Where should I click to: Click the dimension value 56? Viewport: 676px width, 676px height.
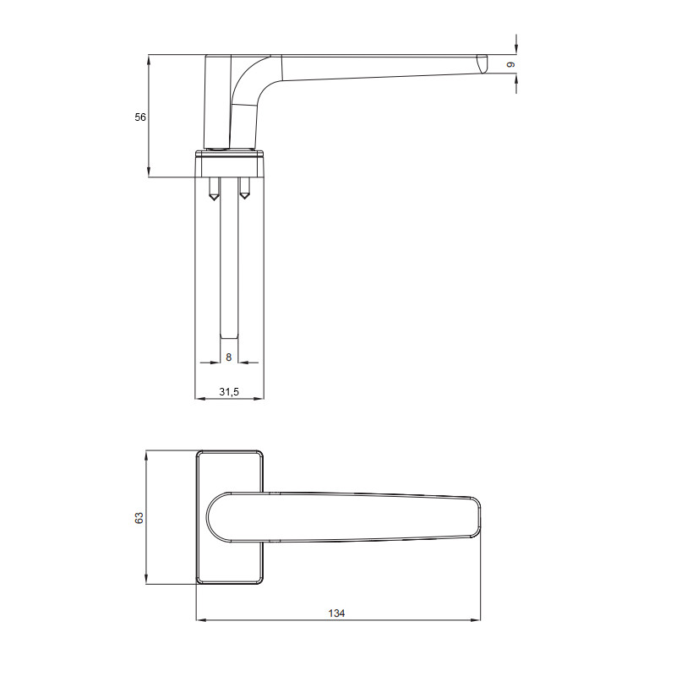[x=140, y=117]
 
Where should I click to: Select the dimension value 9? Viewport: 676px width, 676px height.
[x=511, y=65]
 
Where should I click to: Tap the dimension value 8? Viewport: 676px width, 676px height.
[x=229, y=357]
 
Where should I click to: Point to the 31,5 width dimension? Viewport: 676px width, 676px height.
[x=229, y=391]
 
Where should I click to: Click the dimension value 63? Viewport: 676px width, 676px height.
[x=139, y=518]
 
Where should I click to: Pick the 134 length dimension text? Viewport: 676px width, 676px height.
[x=336, y=613]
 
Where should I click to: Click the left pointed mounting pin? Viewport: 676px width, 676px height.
[x=214, y=188]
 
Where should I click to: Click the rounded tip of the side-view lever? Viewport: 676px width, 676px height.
[x=482, y=63]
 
